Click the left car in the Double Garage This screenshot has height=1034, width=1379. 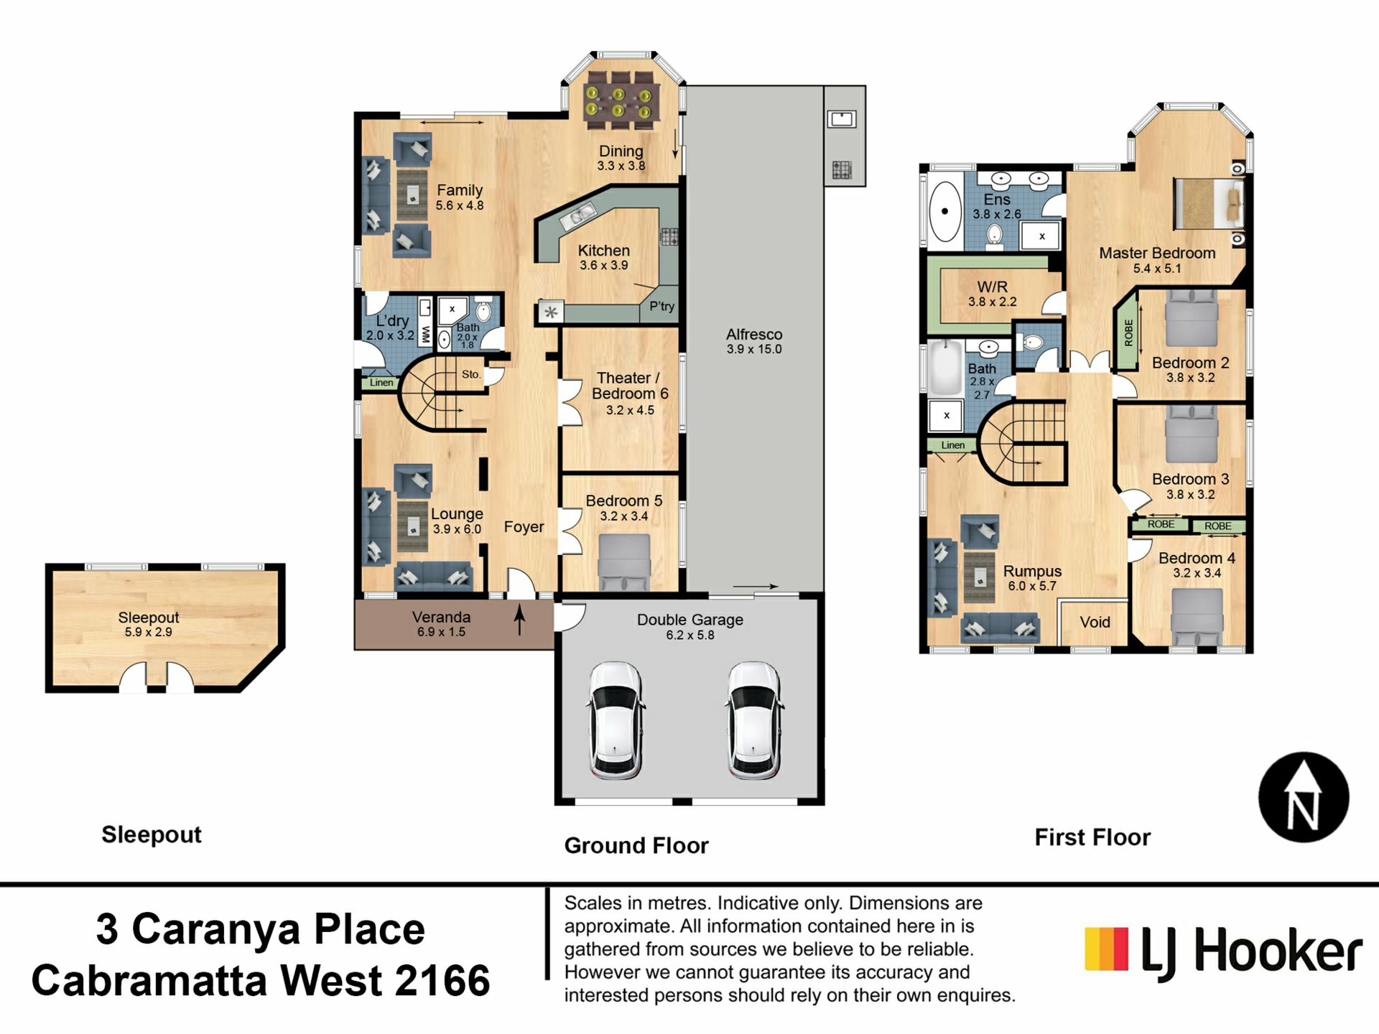coord(616,720)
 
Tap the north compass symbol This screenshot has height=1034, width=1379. coord(1304,797)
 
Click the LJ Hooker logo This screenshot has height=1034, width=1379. coord(1223,952)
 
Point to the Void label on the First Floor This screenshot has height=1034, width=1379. coord(1095,622)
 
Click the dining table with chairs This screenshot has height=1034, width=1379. coord(618,101)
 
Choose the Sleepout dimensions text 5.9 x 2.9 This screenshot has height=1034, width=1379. coord(148,632)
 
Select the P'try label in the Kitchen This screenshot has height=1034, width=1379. coord(661,306)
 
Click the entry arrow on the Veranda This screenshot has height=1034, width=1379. coord(519,620)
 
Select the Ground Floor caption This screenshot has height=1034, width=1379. coord(636,845)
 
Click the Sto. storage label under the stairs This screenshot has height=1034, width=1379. coord(471,374)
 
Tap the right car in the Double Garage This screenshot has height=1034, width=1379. coord(754,720)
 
